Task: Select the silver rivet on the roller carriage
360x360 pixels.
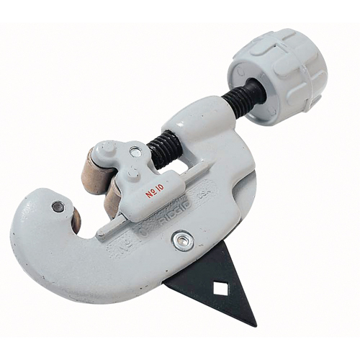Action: coord(135,152)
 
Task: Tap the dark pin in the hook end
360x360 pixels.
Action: coord(58,207)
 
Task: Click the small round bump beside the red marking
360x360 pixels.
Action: coord(132,174)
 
